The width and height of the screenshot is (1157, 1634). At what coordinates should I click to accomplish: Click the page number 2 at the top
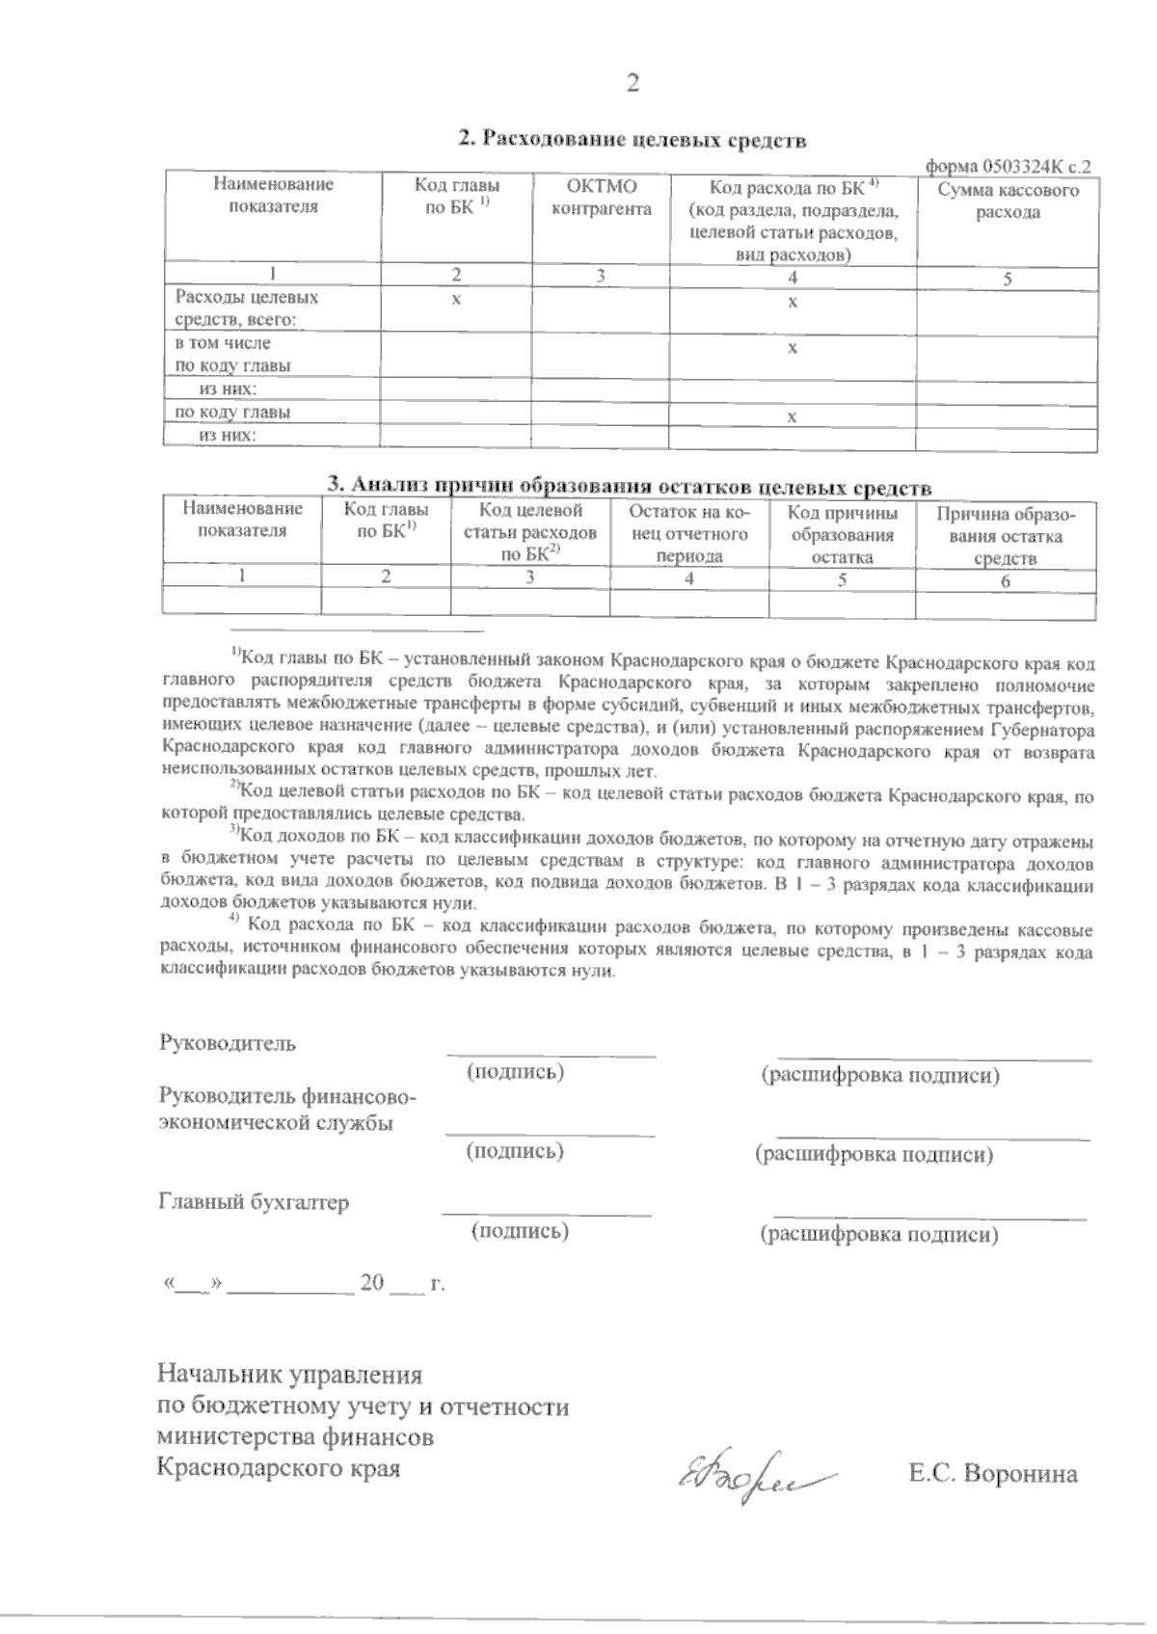[x=632, y=85]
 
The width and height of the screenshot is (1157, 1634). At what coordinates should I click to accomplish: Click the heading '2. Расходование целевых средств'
[x=632, y=140]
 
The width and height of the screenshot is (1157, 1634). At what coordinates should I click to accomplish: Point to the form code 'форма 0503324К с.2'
[x=1009, y=166]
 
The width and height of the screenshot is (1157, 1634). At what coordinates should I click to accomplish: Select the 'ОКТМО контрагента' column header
[x=602, y=198]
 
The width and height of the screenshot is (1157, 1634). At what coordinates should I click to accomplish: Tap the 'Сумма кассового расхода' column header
[x=1008, y=201]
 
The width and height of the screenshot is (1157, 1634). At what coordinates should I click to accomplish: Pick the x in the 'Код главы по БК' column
[x=456, y=300]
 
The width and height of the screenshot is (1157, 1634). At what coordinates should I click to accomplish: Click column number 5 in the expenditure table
[x=1008, y=280]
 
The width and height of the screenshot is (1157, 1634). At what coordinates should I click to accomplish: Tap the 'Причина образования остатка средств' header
[x=1006, y=536]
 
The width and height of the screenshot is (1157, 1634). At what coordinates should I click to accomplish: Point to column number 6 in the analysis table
[x=1006, y=580]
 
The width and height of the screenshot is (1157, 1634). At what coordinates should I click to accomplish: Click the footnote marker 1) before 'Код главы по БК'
[x=236, y=655]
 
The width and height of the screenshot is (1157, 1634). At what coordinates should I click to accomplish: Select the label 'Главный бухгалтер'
[x=253, y=1202]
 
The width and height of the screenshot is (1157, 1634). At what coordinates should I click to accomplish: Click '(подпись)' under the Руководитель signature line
[x=516, y=1072]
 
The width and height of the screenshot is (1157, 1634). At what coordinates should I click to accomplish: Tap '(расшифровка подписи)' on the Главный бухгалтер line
[x=878, y=1234]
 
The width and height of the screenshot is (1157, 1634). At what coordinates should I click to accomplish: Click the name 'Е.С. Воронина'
[x=992, y=1474]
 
